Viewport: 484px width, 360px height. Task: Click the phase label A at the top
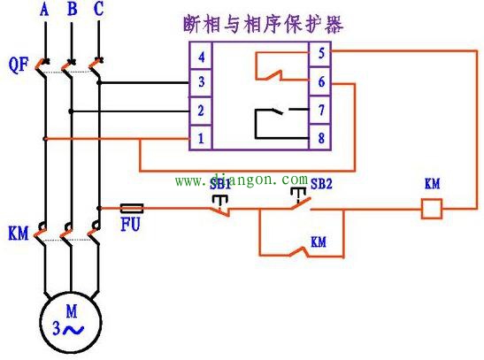tap(43, 11)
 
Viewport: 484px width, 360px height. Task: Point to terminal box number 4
tap(203, 57)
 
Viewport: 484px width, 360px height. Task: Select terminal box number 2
tap(203, 111)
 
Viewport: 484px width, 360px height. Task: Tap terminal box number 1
tap(203, 139)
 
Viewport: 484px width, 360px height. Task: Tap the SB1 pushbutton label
tap(219, 184)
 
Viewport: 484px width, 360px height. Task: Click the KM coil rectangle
tap(430, 210)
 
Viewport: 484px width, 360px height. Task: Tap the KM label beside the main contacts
tap(18, 235)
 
